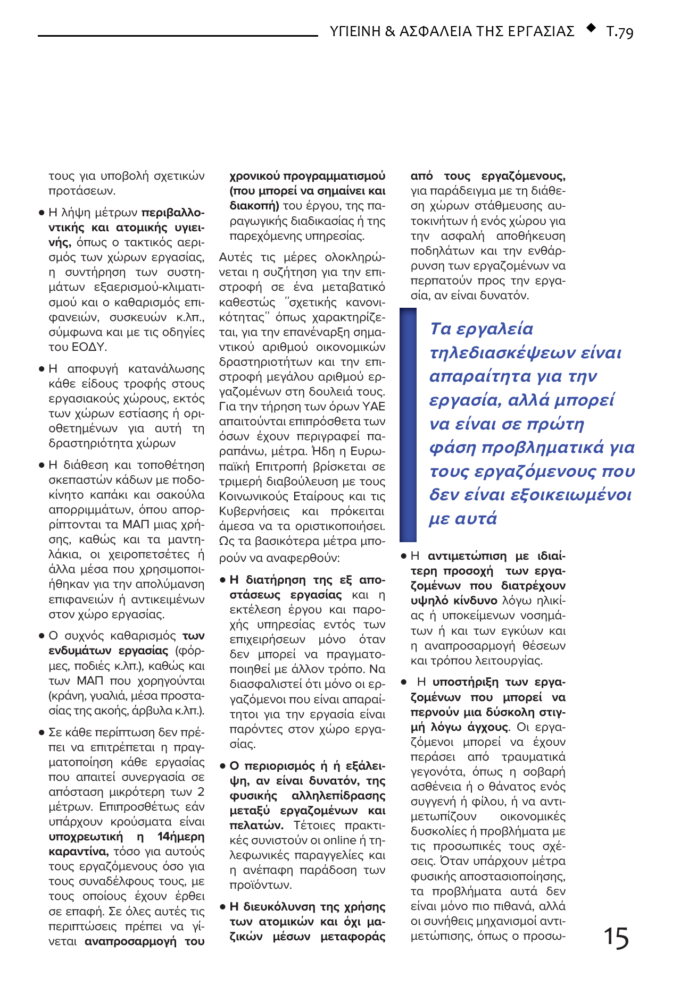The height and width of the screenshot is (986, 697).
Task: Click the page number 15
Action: tap(616, 938)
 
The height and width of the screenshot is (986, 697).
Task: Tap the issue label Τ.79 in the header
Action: tap(620, 31)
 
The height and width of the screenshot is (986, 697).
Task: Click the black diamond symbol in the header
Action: tap(591, 28)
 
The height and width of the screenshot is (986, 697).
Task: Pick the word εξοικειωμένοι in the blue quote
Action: tap(571, 495)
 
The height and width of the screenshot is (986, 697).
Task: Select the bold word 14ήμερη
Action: tap(181, 837)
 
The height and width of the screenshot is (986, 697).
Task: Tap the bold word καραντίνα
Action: tap(78, 852)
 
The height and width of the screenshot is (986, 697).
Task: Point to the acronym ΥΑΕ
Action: tap(374, 407)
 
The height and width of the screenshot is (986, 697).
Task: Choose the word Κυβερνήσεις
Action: tap(254, 511)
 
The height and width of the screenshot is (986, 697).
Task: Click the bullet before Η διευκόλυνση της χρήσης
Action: tap(223, 907)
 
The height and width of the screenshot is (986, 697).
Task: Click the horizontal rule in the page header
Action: tap(178, 36)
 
